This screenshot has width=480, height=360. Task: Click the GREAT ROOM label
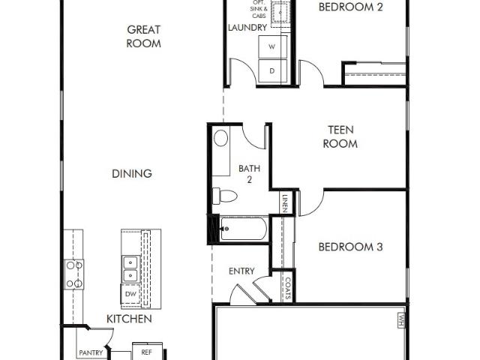click(x=143, y=37)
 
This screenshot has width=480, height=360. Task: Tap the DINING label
click(x=132, y=174)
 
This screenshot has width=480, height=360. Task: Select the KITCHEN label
click(x=129, y=319)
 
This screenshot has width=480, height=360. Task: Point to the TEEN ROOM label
click(x=340, y=136)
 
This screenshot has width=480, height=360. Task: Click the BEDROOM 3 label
click(x=350, y=247)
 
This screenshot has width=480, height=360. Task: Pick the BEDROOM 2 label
click(x=350, y=7)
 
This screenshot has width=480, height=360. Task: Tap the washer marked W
click(x=272, y=46)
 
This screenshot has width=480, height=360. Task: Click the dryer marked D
click(x=272, y=70)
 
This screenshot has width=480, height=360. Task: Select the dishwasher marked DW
click(x=130, y=294)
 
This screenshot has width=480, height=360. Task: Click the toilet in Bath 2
click(x=225, y=196)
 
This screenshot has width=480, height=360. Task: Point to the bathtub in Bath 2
click(x=243, y=229)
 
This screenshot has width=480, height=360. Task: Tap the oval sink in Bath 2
click(x=220, y=138)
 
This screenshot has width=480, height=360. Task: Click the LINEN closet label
click(x=285, y=203)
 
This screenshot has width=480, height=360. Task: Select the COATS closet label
click(x=288, y=288)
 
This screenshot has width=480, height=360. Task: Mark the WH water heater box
click(x=402, y=320)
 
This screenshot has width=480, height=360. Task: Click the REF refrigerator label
click(x=147, y=352)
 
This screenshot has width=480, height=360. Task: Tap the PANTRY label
click(x=91, y=353)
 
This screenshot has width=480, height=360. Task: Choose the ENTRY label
click(x=241, y=271)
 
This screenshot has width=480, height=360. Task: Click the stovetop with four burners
click(x=73, y=274)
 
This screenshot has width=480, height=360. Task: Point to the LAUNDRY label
click(x=247, y=28)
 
